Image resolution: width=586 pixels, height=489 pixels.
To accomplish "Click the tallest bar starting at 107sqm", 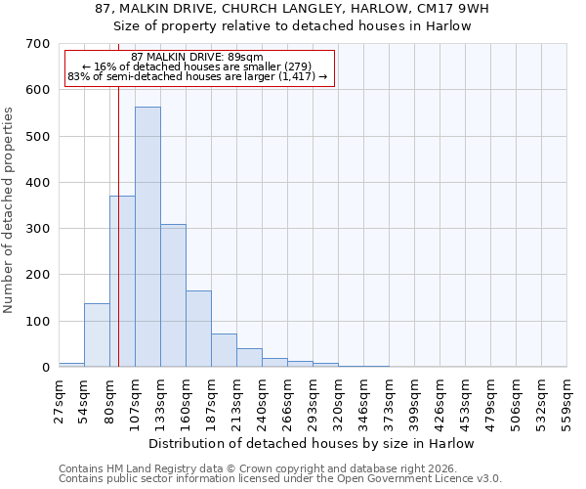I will (x=147, y=237).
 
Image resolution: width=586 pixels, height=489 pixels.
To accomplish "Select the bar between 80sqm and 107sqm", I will (x=122, y=282).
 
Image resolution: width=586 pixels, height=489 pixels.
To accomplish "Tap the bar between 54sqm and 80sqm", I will (x=97, y=335).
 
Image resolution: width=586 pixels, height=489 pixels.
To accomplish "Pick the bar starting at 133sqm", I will (x=173, y=295).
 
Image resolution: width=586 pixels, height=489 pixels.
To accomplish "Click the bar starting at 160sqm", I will (x=198, y=329).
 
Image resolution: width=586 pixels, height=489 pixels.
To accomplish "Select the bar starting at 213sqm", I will (x=249, y=358).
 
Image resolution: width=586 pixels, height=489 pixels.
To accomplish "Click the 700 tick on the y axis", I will (x=38, y=44).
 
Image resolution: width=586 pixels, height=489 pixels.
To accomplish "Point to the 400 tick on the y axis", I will (x=38, y=183).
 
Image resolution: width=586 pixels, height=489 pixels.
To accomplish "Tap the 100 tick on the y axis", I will (x=38, y=322).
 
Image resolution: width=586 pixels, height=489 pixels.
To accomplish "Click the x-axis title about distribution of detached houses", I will (x=312, y=443).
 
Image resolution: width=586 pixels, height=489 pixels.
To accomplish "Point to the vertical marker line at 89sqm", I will (x=118, y=244).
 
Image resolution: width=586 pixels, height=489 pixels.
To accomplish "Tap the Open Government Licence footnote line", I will (x=280, y=479).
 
